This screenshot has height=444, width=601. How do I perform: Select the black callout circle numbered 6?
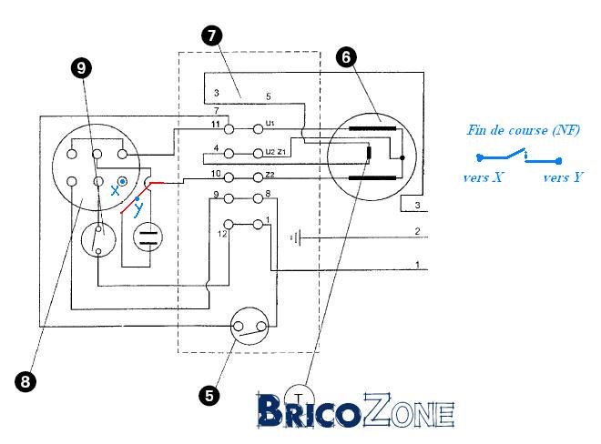344,56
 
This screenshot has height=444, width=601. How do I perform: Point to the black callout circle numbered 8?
26,382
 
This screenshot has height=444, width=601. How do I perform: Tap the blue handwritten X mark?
115,190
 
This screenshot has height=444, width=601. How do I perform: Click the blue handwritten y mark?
138,209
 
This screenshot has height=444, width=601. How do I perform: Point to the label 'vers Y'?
562,177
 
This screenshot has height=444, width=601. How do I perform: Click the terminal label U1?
270,122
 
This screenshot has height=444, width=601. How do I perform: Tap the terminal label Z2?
270,174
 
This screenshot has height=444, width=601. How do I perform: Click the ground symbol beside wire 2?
295,237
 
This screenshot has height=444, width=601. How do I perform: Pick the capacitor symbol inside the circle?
147,239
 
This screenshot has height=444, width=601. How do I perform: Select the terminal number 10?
217,173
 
